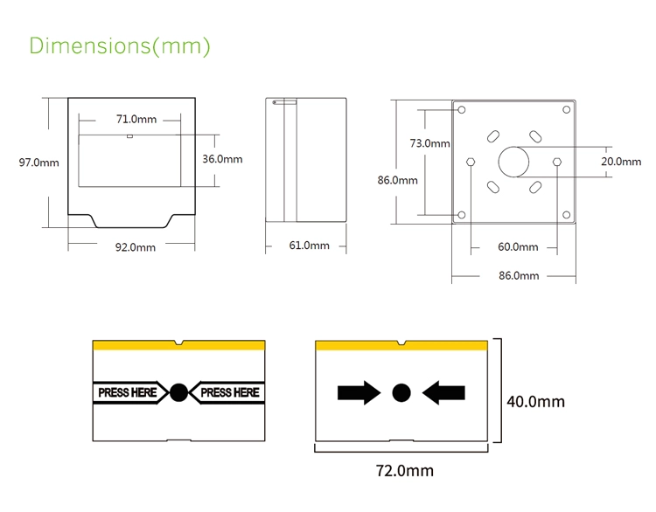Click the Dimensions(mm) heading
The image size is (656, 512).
tap(120, 46)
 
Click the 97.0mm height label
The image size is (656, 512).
tap(38, 163)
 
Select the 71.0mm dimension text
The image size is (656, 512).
tap(136, 119)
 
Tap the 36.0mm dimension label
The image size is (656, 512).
tap(222, 159)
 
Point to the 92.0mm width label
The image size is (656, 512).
tap(135, 247)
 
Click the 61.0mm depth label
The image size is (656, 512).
tap(309, 246)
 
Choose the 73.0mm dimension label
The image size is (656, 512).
tap(429, 143)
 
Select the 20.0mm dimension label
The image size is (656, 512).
tap(621, 162)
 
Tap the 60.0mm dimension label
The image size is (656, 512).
tap(518, 247)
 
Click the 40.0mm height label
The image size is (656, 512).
tap(535, 402)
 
